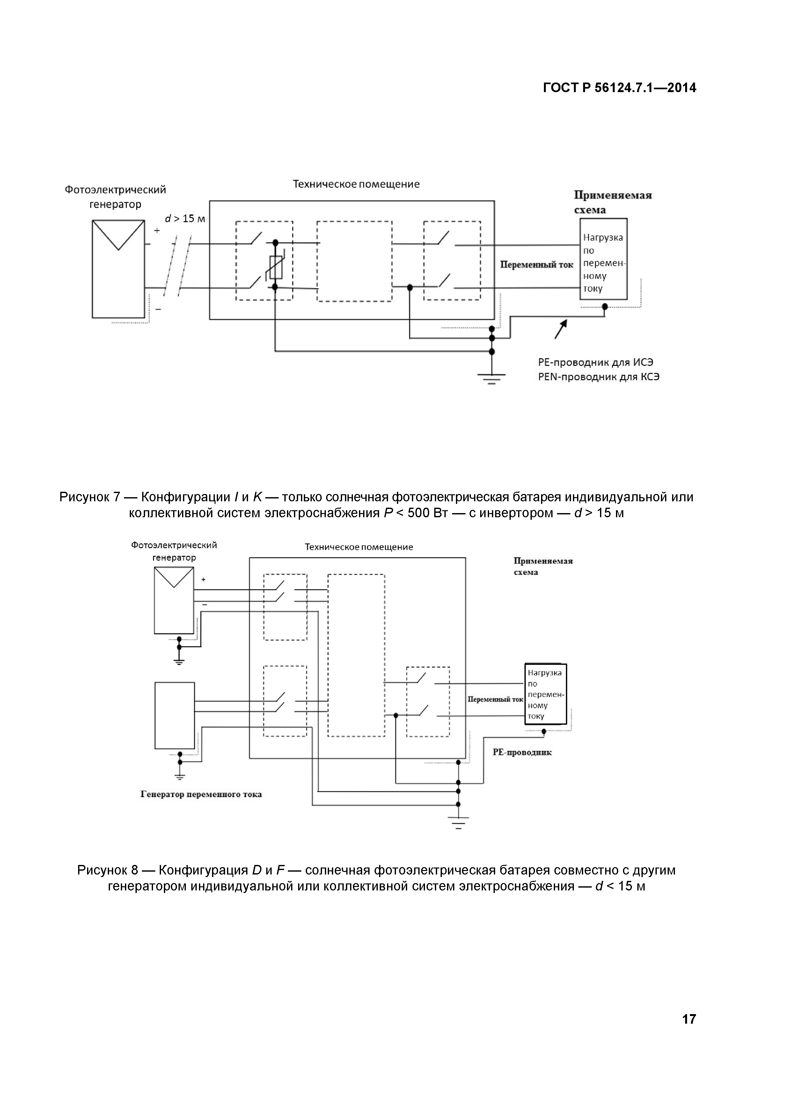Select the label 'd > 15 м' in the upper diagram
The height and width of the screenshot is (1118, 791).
[185, 219]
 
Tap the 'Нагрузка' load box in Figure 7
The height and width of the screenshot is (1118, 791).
[603, 259]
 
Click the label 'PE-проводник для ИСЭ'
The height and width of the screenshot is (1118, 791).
[595, 362]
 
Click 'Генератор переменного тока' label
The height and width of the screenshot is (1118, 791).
[201, 795]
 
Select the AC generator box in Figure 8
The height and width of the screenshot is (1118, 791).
[174, 715]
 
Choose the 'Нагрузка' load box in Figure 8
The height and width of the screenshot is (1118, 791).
[545, 694]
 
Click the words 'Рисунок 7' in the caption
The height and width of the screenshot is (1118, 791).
[90, 497]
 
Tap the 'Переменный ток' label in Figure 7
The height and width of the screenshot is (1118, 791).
[537, 265]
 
